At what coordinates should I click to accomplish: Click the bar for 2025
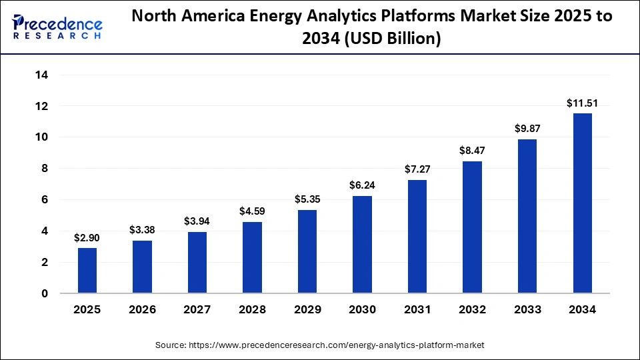coord(87,271)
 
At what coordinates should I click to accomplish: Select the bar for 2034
coord(582,203)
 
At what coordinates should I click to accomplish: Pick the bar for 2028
coord(252,257)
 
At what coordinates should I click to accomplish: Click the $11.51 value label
coord(582,103)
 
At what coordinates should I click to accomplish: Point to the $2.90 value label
coord(87,238)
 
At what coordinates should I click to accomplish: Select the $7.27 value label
coord(417,170)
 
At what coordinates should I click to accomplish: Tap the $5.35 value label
coord(307,199)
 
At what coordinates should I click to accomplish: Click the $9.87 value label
coord(527,129)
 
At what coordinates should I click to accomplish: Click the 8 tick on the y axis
coord(43,169)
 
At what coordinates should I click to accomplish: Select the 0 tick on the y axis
coord(43,293)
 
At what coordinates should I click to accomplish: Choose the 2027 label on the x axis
coord(197,309)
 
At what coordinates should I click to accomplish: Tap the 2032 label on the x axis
coord(472,309)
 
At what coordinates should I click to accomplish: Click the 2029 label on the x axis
coord(307,309)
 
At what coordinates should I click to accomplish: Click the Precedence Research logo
coord(57,27)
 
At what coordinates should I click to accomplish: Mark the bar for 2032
coord(472,227)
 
